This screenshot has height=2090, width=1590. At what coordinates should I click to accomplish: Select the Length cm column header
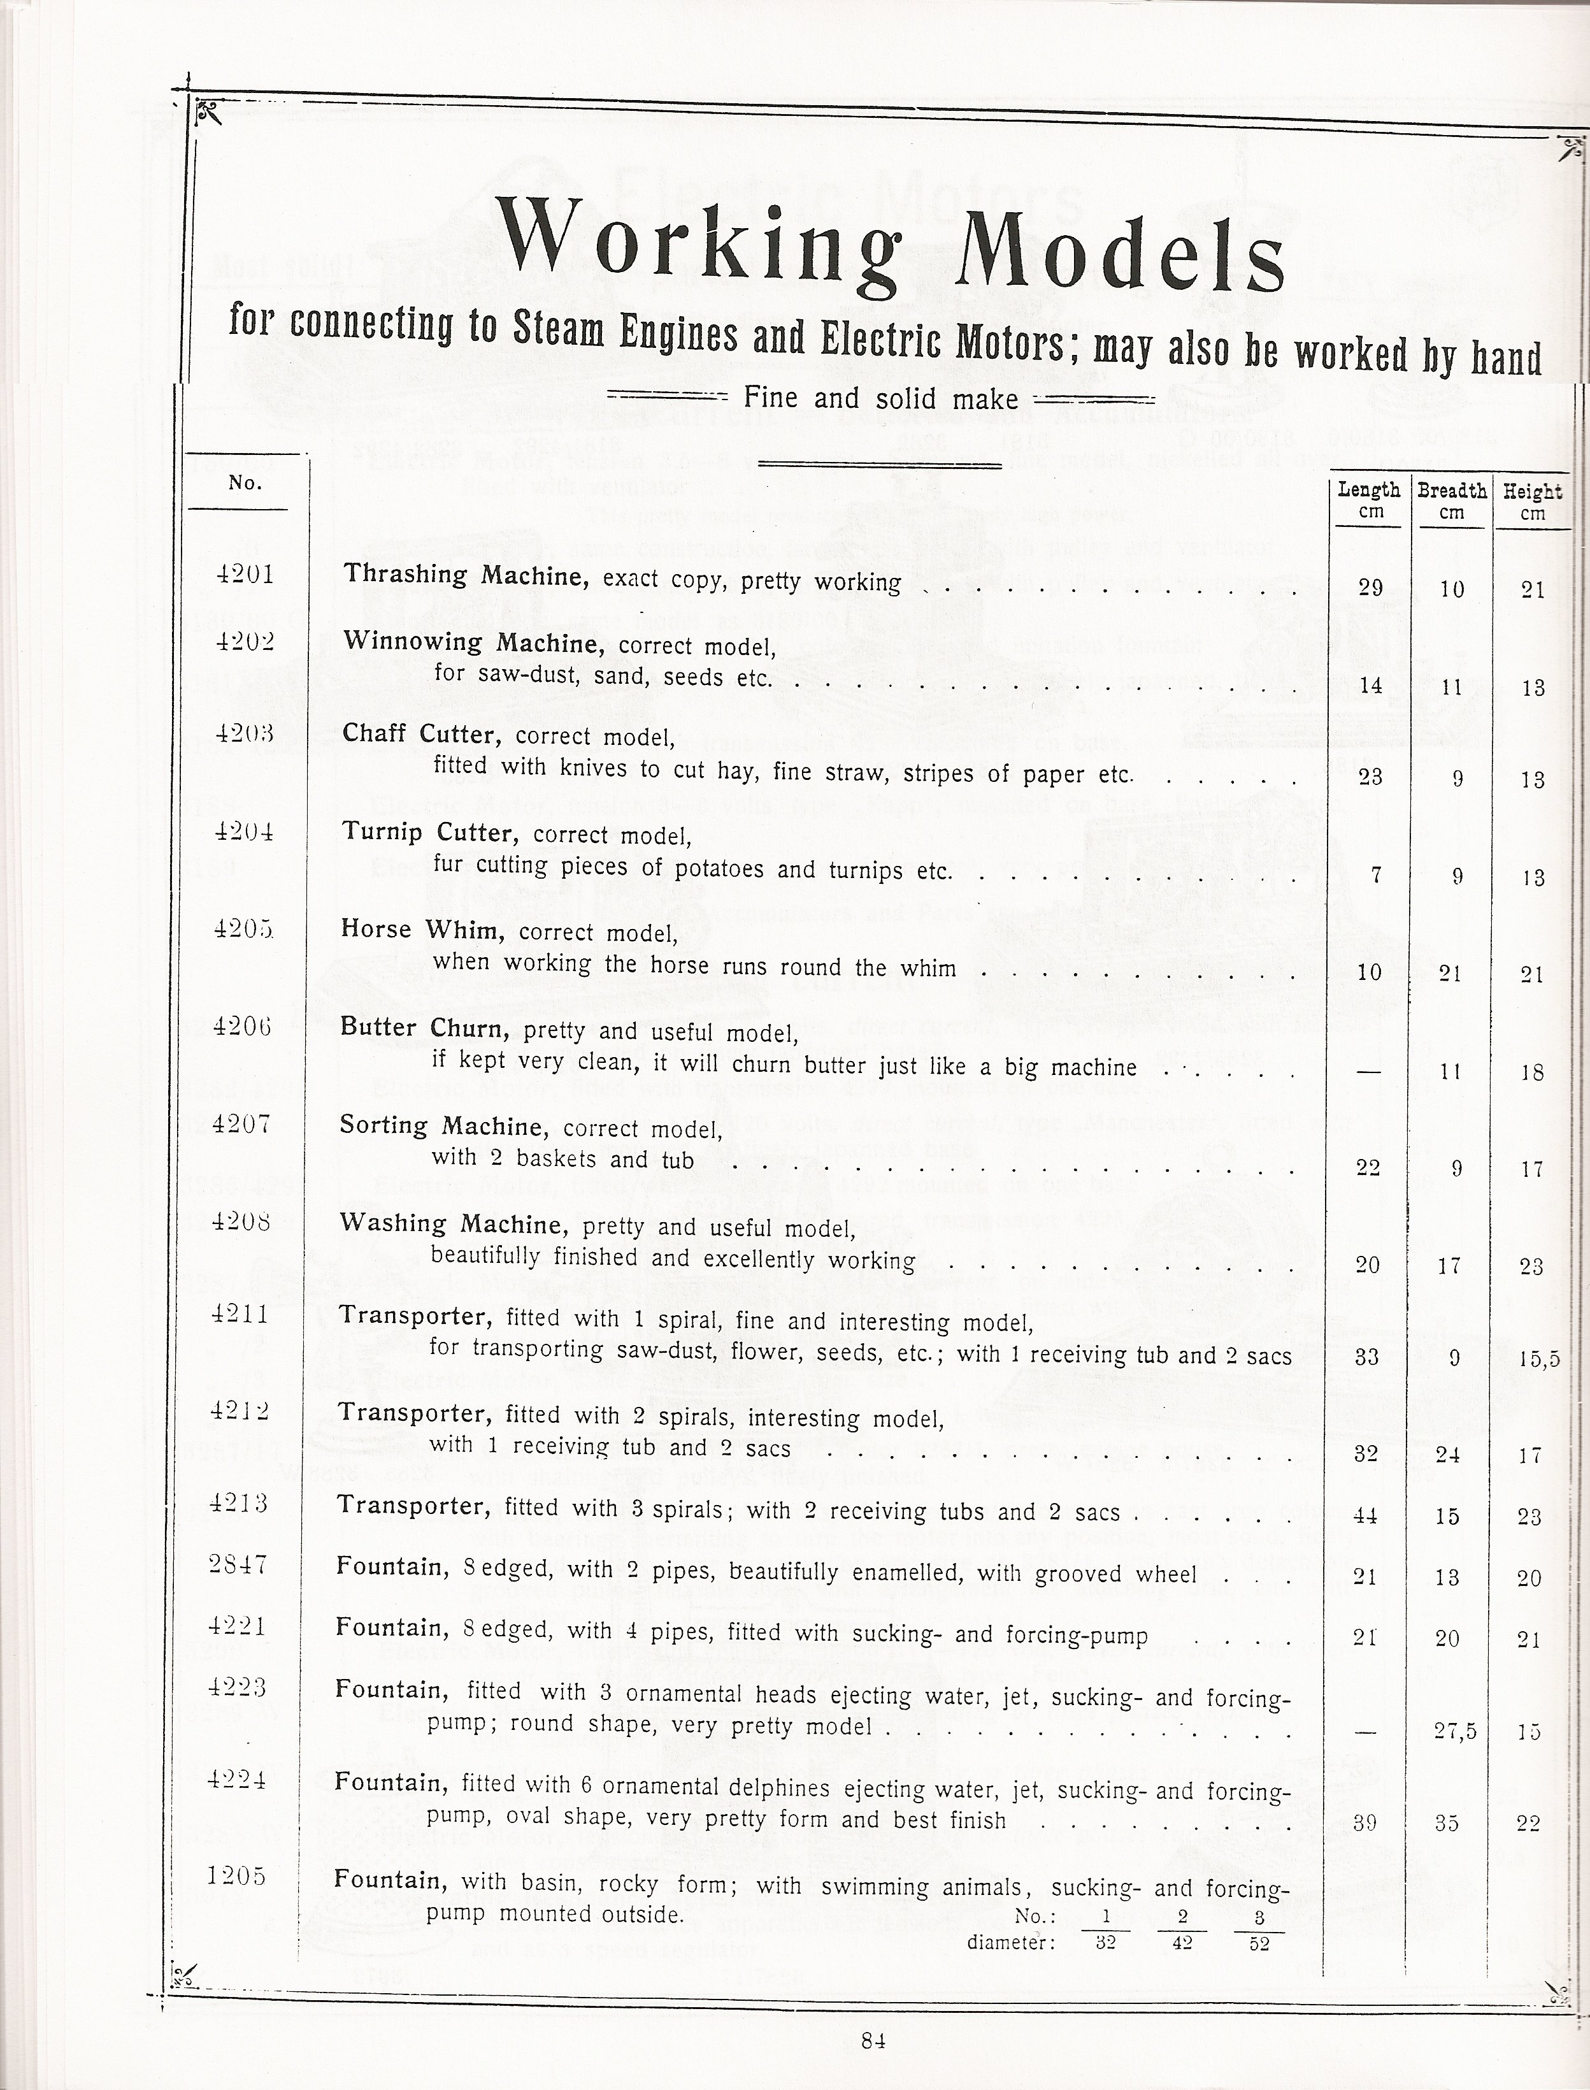click(x=1370, y=500)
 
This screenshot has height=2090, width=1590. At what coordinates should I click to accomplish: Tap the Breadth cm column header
click(x=1452, y=500)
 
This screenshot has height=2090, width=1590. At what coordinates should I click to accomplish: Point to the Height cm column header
click(x=1531, y=501)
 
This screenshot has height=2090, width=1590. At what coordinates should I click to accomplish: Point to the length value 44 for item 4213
click(x=1366, y=1515)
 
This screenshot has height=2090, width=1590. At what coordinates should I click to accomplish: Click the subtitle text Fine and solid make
click(x=881, y=398)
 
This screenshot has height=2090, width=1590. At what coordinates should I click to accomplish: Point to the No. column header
click(x=245, y=483)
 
